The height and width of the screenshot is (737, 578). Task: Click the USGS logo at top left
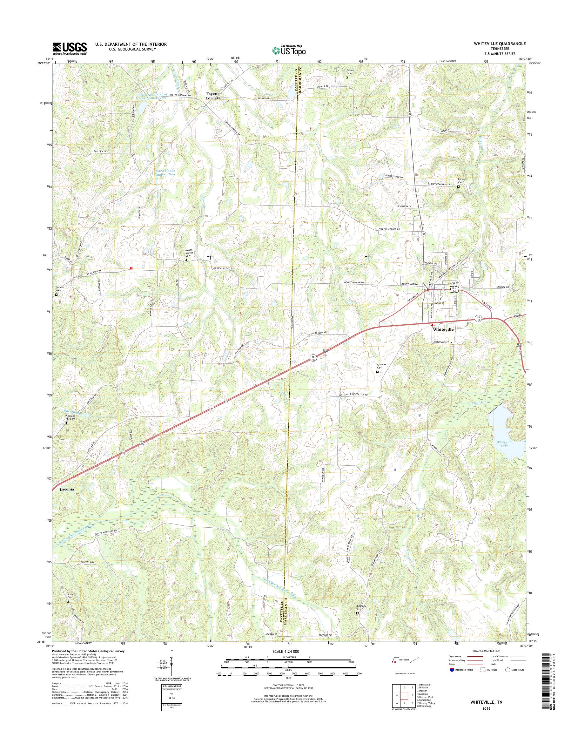(69, 48)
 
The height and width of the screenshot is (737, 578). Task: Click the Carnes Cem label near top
(350, 72)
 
